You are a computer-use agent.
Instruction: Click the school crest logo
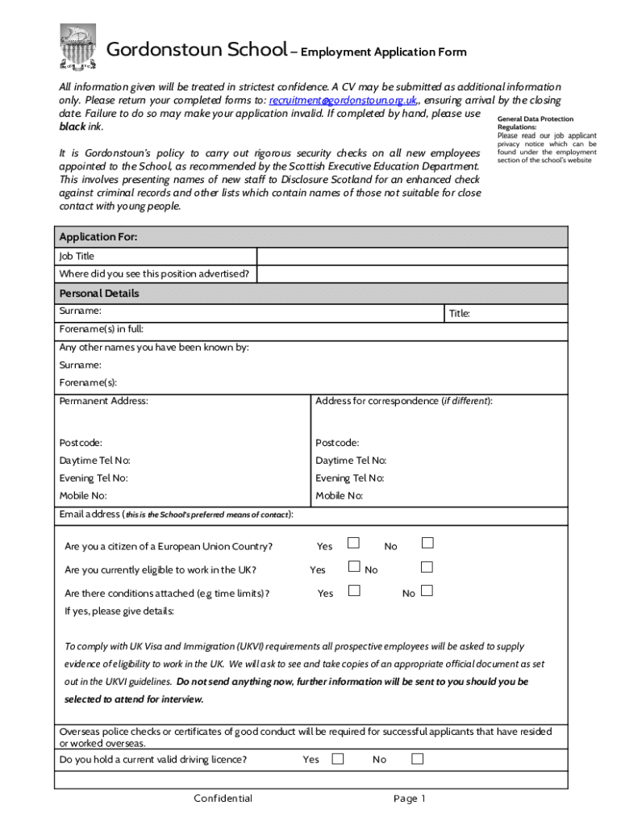click(79, 47)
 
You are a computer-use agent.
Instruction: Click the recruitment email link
click(343, 101)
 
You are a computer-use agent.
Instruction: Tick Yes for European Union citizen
click(353, 543)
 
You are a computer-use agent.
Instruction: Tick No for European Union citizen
click(427, 543)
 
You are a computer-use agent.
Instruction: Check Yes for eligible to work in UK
click(353, 566)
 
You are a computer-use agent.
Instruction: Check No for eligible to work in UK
click(427, 566)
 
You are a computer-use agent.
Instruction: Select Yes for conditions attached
click(353, 590)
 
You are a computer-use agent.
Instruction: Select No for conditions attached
click(427, 590)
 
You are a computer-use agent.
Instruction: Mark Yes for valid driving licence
click(338, 758)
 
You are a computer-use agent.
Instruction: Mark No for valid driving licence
click(418, 758)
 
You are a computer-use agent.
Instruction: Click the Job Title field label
click(77, 257)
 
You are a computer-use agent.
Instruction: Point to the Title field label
click(460, 314)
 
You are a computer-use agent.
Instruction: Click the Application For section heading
click(98, 237)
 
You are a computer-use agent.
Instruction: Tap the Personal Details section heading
click(99, 294)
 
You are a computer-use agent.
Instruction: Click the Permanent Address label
click(103, 401)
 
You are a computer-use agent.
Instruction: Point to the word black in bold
click(72, 127)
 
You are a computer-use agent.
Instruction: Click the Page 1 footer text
click(409, 799)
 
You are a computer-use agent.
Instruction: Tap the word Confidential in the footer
click(223, 799)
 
